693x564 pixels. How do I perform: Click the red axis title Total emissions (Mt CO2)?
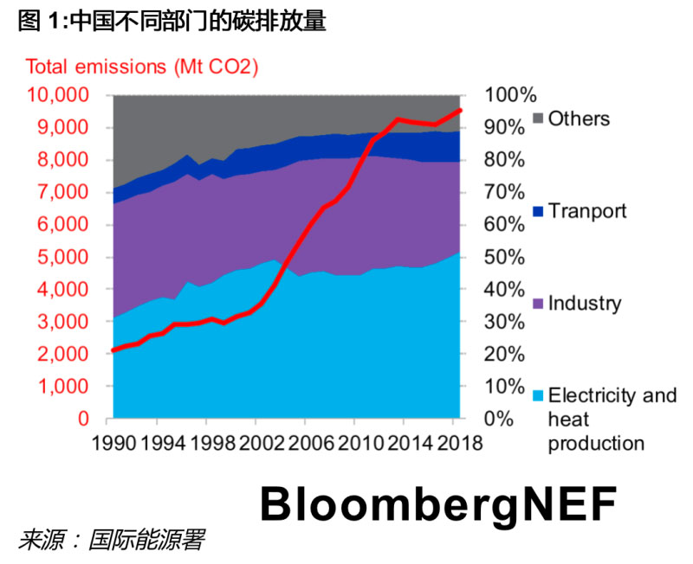tap(142, 67)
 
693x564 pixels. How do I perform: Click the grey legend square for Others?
tap(537, 119)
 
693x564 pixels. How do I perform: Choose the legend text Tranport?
tap(587, 211)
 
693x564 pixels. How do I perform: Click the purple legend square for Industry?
tap(537, 304)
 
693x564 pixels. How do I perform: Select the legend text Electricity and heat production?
tap(612, 420)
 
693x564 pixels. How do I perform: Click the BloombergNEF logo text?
tap(437, 505)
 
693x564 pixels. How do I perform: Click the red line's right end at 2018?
tap(460, 110)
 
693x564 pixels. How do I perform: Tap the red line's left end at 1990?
tap(114, 350)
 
